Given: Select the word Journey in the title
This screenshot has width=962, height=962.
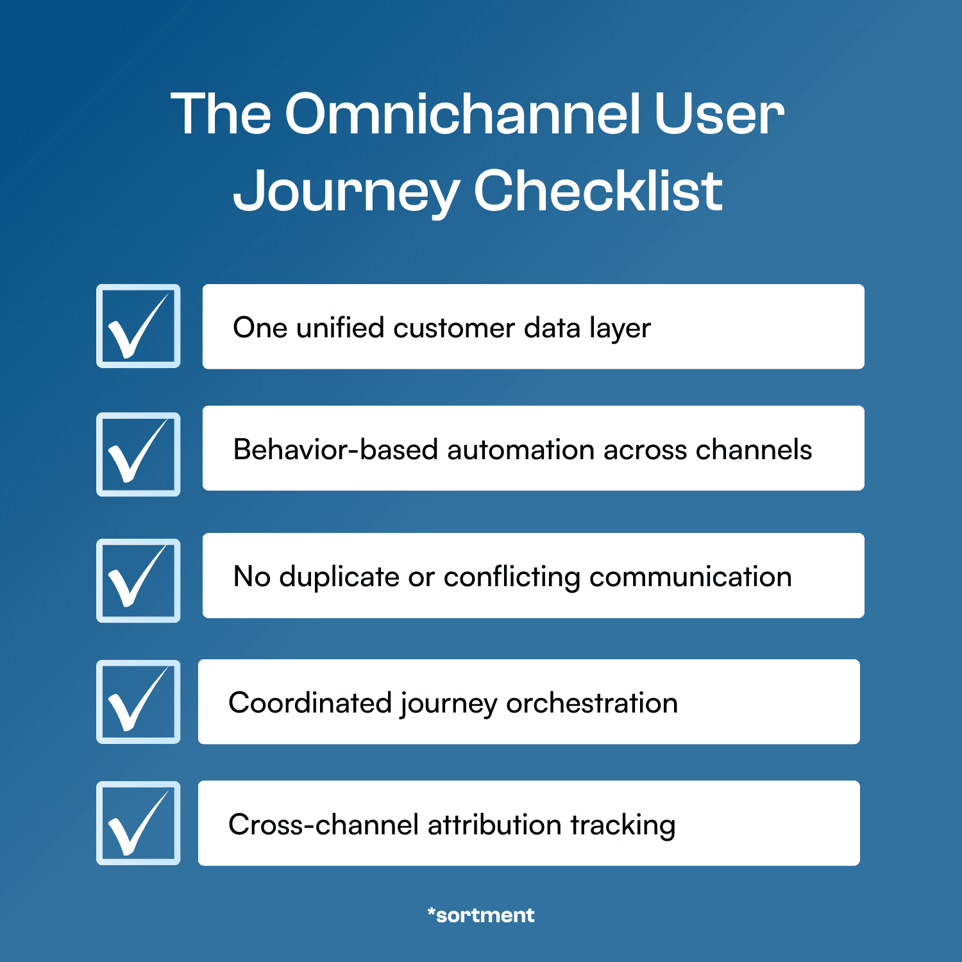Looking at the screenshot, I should click(x=346, y=192).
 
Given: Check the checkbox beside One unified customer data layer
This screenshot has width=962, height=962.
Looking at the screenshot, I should click(x=139, y=326).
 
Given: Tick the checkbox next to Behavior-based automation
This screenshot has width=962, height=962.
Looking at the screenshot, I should click(x=139, y=454).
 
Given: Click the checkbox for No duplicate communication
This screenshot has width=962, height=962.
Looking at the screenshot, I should click(x=139, y=580).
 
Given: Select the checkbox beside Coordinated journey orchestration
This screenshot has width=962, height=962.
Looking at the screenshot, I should click(x=139, y=702).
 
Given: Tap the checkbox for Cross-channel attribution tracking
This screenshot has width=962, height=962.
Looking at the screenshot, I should click(x=139, y=823).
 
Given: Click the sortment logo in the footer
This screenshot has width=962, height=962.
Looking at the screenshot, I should click(x=481, y=915).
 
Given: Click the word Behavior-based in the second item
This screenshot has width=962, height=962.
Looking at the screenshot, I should click(x=335, y=450).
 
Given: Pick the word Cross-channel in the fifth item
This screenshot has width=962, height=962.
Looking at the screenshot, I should click(x=323, y=825).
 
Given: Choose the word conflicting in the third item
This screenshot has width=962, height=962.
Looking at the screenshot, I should click(x=512, y=577).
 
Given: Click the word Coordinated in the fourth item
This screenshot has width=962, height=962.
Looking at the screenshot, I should click(x=310, y=704).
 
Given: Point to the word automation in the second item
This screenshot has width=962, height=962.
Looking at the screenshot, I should click(x=521, y=450).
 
